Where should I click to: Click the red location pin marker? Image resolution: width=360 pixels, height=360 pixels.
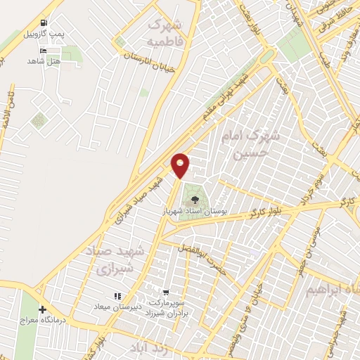181,165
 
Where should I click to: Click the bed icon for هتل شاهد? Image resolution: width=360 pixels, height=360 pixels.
44,51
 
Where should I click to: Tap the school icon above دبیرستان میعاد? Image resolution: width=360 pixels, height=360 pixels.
117,297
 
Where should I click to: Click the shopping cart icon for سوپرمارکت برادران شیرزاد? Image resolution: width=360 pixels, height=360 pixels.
166,292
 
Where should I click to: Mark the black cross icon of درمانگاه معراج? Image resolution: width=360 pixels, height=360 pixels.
42,309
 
